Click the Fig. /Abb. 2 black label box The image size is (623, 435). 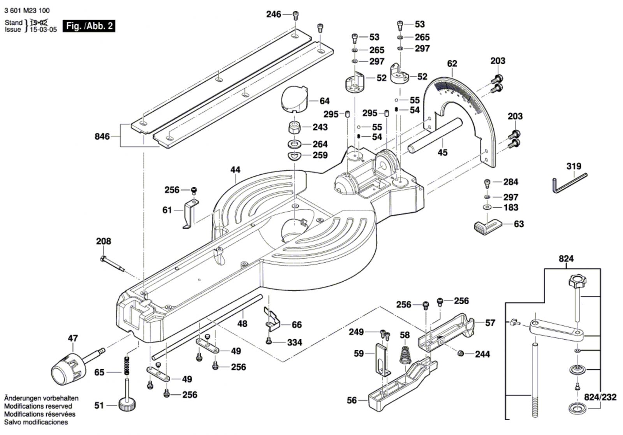(x=89, y=26)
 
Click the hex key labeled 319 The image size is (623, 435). (x=570, y=182)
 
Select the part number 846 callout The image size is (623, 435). (x=102, y=137)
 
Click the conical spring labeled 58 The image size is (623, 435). (x=405, y=353)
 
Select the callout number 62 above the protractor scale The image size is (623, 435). (x=452, y=63)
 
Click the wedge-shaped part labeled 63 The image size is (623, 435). (x=487, y=225)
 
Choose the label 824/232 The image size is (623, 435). (x=600, y=397)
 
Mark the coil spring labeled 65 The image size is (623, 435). (x=127, y=365)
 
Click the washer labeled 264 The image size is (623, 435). (x=295, y=144)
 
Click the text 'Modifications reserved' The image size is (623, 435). (x=38, y=406)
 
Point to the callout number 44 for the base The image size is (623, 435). (x=235, y=170)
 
